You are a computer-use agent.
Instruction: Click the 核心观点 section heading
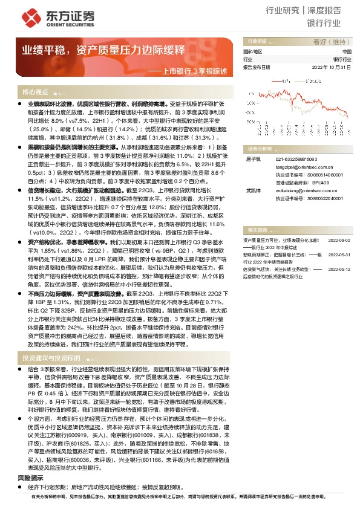tap(36, 92)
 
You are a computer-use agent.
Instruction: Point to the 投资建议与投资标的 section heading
tap(51, 358)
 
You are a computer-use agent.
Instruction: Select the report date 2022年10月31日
tap(332, 68)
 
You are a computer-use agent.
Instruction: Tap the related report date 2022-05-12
tap(340, 285)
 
